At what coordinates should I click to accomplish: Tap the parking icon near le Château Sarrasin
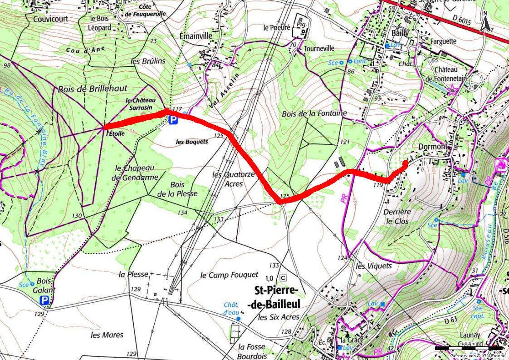173,120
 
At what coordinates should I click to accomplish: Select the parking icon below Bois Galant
44,300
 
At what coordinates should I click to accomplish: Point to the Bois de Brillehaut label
93,89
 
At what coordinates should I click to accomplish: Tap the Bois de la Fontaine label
314,113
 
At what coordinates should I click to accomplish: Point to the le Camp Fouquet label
229,275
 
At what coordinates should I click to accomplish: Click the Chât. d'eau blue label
231,309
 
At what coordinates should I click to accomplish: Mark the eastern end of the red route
405,162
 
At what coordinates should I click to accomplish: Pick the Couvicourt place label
50,19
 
